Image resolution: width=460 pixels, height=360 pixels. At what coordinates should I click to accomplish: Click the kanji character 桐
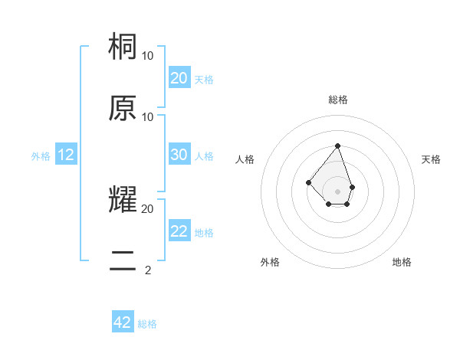coord(123,47)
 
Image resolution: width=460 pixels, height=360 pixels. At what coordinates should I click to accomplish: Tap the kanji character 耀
coord(123,199)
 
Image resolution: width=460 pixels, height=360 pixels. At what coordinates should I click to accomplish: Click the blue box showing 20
coord(179,78)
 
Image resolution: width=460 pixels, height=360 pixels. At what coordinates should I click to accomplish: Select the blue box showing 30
coord(179,155)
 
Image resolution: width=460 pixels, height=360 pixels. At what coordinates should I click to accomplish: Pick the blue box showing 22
coord(179,231)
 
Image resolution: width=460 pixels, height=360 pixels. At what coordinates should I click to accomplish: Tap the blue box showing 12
coord(66,155)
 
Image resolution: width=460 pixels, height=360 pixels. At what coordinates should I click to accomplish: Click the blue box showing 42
coord(123,322)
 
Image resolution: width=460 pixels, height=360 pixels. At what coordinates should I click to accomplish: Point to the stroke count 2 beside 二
coord(148,270)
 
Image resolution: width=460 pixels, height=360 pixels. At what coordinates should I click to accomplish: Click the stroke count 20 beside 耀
coord(148,208)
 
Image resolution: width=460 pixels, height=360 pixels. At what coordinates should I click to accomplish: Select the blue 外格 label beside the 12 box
coord(41,156)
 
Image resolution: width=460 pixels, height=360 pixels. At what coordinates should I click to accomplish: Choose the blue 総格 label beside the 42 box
coord(147,324)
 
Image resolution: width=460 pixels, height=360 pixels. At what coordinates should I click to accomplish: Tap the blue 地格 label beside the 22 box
coord(204,233)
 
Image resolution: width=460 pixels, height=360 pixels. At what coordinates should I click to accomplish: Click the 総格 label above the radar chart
coord(338,100)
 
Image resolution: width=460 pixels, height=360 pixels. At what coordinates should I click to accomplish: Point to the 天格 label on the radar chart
coord(431,159)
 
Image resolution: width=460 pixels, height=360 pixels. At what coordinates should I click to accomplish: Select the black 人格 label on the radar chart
coord(245,159)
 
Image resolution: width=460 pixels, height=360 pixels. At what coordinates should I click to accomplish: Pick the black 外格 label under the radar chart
coord(270,262)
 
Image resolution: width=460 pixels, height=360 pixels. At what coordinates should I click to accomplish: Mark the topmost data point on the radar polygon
coord(338,145)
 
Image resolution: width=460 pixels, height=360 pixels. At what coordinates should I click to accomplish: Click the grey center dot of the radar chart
coord(338,191)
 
